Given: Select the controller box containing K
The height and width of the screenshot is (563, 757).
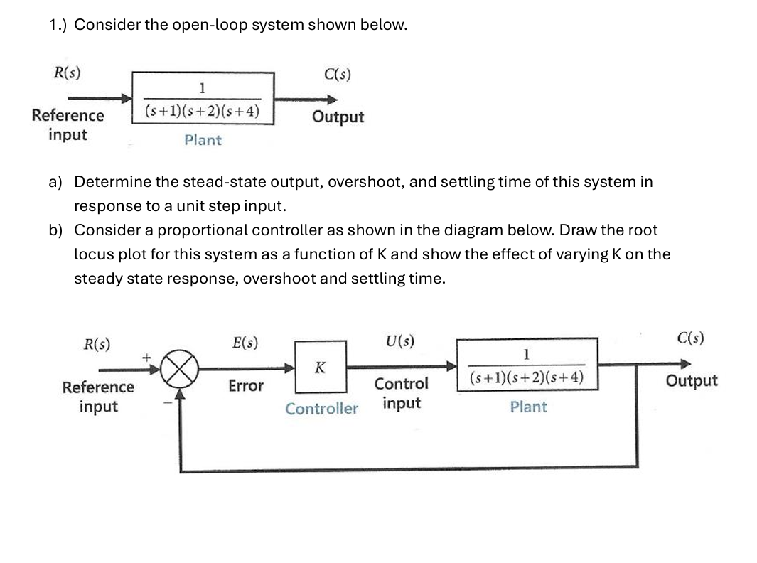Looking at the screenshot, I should pyautogui.click(x=321, y=368).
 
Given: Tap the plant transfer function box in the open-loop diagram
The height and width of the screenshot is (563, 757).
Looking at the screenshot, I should pyautogui.click(x=203, y=98).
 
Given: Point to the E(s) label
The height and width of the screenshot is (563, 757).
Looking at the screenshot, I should pyautogui.click(x=245, y=342).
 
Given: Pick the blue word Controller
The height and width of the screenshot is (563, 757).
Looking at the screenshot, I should pyautogui.click(x=321, y=409).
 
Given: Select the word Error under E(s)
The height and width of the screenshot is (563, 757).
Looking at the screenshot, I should pyautogui.click(x=245, y=386).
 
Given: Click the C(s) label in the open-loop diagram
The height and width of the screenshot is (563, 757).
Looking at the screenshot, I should pyautogui.click(x=337, y=74).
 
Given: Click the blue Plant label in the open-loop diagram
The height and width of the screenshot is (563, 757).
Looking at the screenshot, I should pyautogui.click(x=203, y=140).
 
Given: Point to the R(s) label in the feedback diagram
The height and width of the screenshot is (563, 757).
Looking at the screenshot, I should pyautogui.click(x=97, y=344).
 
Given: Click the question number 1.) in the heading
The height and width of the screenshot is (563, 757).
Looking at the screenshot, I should pyautogui.click(x=59, y=25).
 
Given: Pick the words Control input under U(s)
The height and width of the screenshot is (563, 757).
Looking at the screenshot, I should pyautogui.click(x=402, y=393).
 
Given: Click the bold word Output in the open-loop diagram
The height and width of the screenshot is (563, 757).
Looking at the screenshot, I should pyautogui.click(x=338, y=117).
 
